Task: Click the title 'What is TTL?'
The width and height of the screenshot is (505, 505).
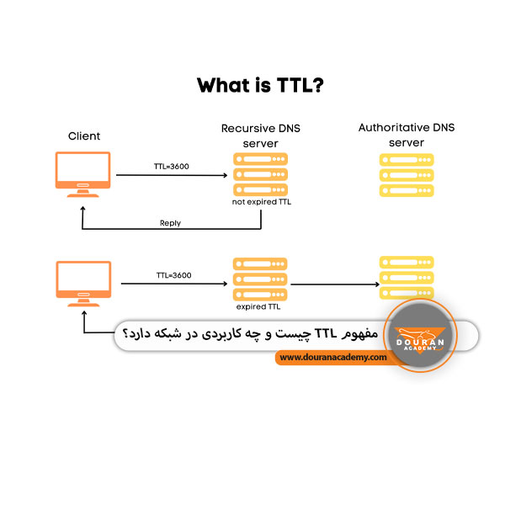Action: click(252, 86)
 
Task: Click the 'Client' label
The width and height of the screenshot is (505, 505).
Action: click(83, 136)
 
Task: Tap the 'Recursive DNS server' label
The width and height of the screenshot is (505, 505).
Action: click(260, 136)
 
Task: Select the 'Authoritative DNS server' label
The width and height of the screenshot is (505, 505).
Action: click(406, 135)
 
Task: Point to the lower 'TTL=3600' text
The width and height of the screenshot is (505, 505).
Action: click(173, 275)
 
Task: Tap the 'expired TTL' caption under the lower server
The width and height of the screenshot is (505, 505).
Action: click(259, 307)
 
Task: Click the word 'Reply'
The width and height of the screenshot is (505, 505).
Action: click(170, 223)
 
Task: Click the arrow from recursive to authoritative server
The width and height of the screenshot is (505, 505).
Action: click(332, 284)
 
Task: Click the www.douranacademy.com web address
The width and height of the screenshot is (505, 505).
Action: click(332, 357)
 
